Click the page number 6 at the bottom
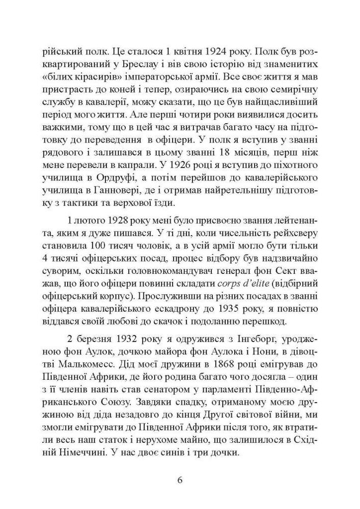click(x=180, y=480)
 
